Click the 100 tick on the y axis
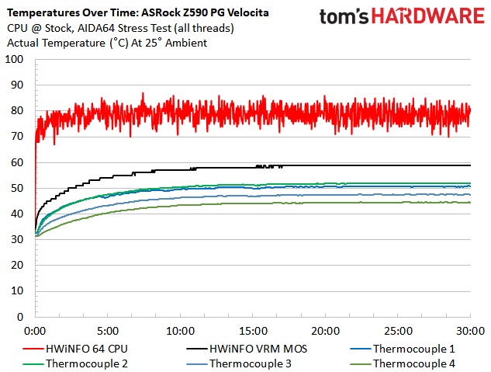click(15, 59)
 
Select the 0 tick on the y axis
click(21, 316)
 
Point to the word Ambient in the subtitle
click(187, 43)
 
